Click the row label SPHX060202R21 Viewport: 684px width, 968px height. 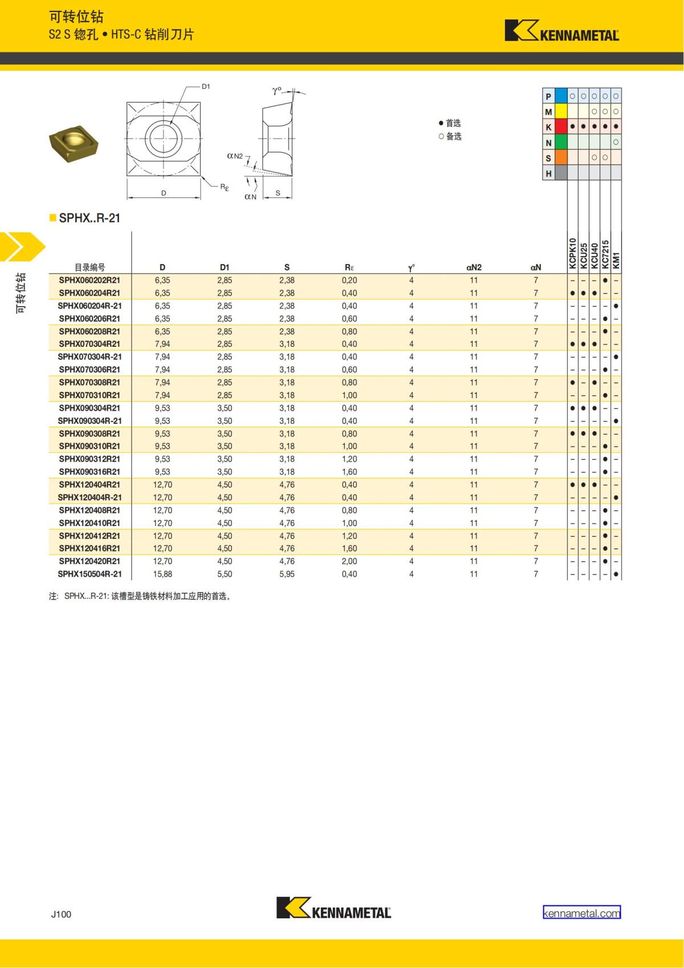(x=89, y=280)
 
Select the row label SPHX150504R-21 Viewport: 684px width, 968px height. (x=89, y=574)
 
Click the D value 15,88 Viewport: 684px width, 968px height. (x=162, y=574)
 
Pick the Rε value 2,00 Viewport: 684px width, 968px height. (x=349, y=561)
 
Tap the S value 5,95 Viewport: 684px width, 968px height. (x=287, y=574)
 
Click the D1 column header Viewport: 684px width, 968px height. (x=225, y=267)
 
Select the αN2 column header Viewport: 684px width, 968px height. (x=474, y=267)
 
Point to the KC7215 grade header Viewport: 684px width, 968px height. (x=605, y=254)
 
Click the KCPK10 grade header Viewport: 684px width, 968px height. (x=572, y=253)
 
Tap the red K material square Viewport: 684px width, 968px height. (x=561, y=127)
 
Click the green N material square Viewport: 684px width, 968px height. (x=561, y=142)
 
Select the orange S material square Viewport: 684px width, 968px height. (x=561, y=157)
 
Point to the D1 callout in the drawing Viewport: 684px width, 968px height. (x=206, y=87)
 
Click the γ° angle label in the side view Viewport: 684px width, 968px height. (x=276, y=91)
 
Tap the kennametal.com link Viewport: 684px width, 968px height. (x=581, y=913)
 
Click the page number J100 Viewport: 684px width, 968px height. (x=61, y=914)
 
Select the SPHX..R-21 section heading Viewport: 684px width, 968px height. (x=89, y=218)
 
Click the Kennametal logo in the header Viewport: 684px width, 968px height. (x=561, y=31)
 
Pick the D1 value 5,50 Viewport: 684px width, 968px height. (x=225, y=574)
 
